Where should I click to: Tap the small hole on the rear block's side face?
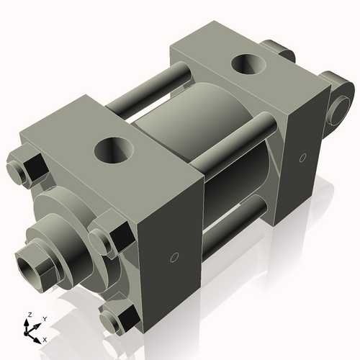pos(302,156)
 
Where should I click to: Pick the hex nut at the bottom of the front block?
pos(120,318)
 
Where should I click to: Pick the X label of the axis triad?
pos(45,338)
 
